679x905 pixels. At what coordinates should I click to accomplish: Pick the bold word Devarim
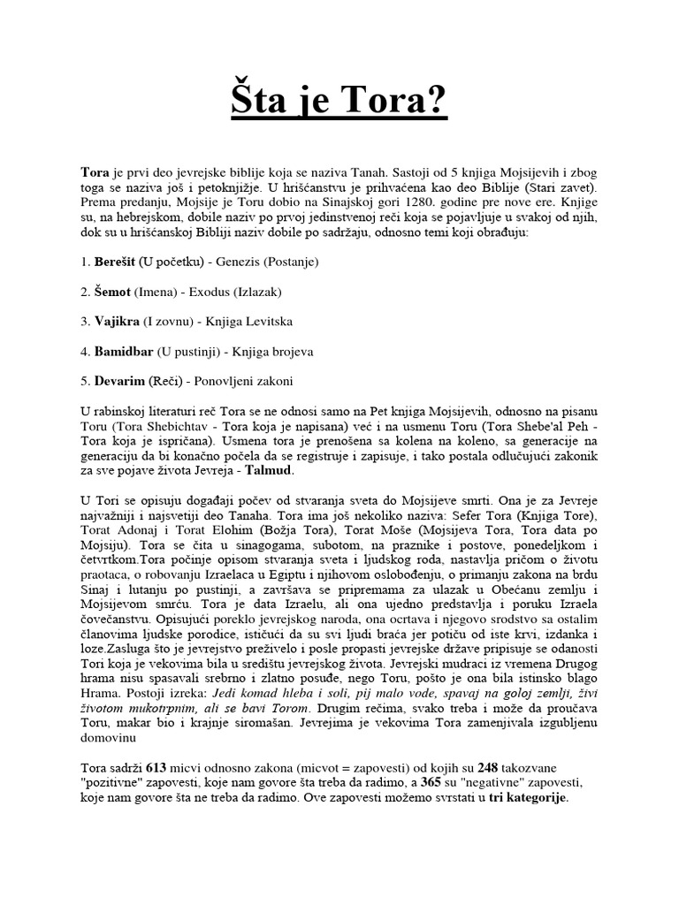119,381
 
